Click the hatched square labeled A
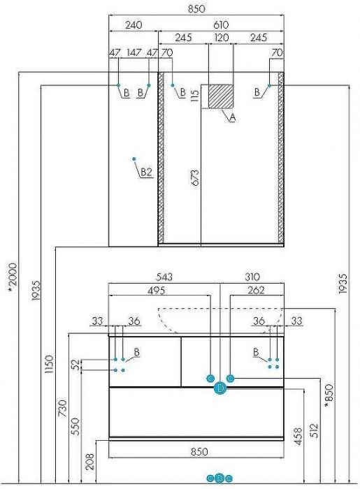221,96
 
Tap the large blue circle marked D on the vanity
220,388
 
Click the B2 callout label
146,172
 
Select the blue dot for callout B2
134,159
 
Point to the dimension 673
194,177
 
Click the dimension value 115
194,96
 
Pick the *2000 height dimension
13,278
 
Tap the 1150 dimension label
50,364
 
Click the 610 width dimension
221,24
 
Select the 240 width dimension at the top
134,24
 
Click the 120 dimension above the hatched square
221,38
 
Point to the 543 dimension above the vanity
164,277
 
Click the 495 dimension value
157,291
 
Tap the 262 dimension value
256,291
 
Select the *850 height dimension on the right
329,396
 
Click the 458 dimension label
298,436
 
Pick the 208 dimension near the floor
89,462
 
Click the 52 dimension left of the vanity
75,364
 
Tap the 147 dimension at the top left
134,52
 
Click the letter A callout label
232,117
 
